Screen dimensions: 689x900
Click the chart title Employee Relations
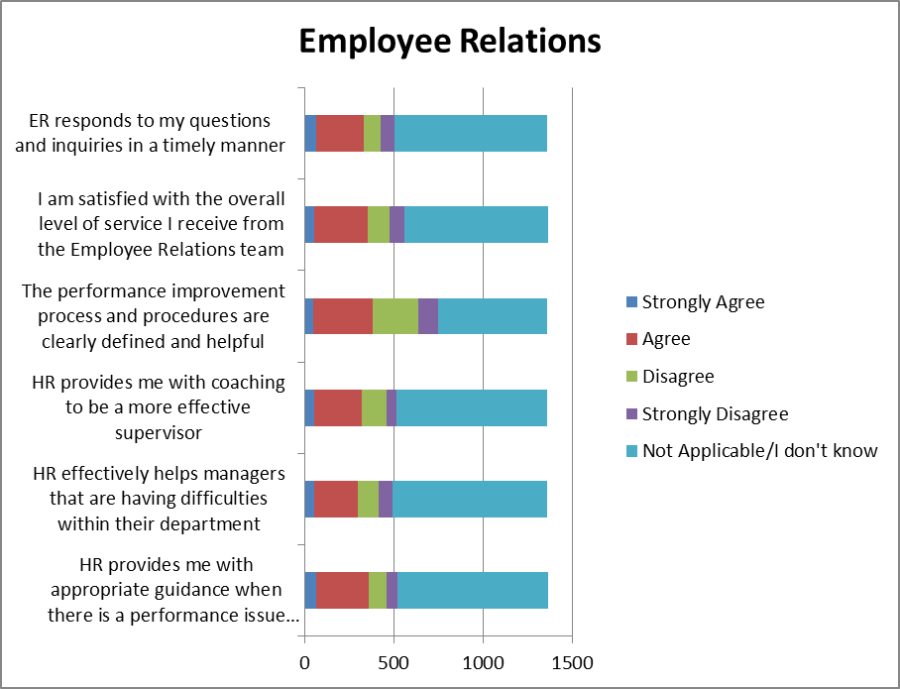point(449,42)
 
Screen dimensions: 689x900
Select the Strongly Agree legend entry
point(703,302)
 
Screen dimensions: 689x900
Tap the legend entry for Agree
point(666,339)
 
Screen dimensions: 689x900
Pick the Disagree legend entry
point(678,377)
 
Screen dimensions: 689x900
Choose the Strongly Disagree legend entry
point(715,413)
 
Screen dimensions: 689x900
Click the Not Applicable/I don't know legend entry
point(759,451)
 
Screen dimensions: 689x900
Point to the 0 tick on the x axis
point(304,660)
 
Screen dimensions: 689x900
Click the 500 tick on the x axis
point(394,660)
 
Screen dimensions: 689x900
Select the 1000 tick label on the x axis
point(483,660)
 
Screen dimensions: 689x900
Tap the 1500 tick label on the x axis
point(572,660)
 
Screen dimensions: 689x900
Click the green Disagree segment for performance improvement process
point(394,316)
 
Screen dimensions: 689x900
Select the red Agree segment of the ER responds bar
point(340,133)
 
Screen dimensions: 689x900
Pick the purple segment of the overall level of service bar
point(396,225)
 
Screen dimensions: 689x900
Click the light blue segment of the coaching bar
point(471,407)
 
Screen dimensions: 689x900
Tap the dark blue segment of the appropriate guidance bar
point(310,590)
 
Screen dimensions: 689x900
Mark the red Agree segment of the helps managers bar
point(336,499)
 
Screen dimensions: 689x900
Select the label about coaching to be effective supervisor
point(159,407)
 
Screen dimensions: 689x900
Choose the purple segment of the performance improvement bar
point(427,316)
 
